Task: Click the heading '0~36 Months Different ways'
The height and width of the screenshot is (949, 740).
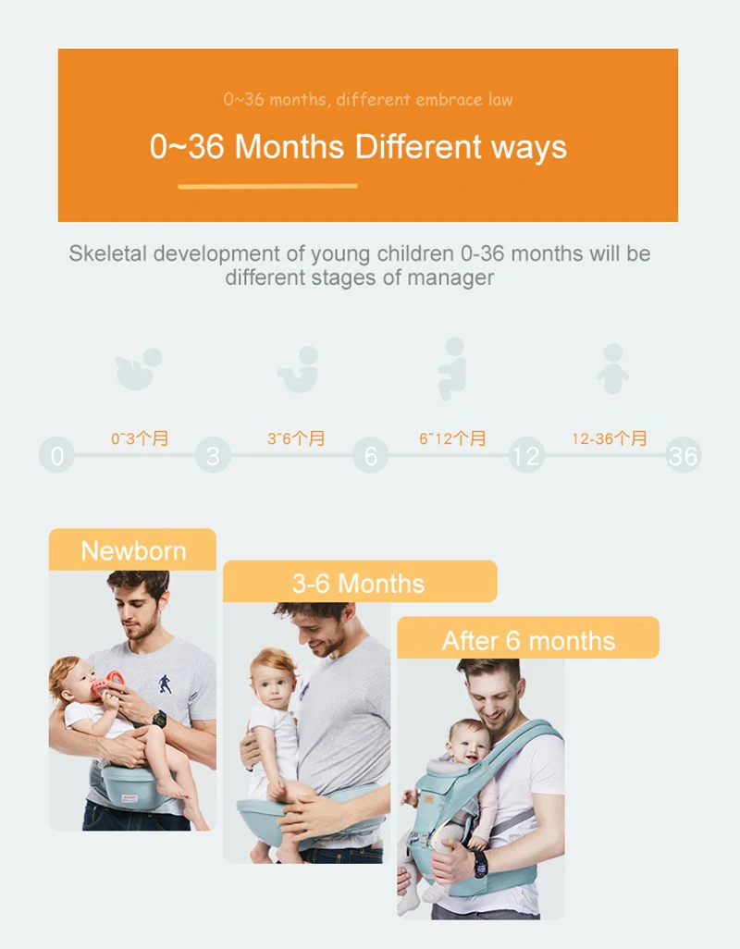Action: click(358, 147)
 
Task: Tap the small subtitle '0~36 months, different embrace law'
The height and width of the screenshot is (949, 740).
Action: click(368, 99)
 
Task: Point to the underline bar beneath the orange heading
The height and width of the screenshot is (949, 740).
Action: click(268, 187)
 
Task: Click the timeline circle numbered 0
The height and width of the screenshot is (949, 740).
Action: click(56, 455)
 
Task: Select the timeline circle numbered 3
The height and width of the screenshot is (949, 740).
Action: click(213, 455)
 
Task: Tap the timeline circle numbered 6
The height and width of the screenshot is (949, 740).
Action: click(370, 455)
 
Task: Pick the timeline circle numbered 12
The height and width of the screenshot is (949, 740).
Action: click(526, 455)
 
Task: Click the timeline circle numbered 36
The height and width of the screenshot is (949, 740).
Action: click(684, 455)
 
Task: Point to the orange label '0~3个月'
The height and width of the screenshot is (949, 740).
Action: click(140, 438)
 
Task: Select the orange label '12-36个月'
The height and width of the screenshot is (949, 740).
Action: click(610, 438)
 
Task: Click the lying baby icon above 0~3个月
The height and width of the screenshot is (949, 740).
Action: click(139, 369)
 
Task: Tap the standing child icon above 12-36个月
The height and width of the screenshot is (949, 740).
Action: click(613, 369)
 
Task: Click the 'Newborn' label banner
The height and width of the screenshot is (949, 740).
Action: click(132, 549)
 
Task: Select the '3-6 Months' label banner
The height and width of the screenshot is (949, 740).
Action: click(360, 582)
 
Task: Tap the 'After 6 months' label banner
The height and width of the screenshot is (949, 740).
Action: click(528, 638)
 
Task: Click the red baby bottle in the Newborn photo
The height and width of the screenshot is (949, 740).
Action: click(107, 685)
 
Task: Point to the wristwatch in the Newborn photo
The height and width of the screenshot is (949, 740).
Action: click(159, 719)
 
